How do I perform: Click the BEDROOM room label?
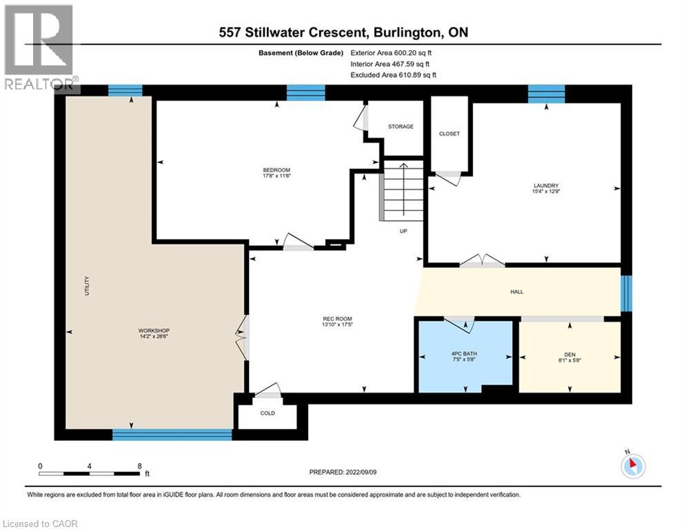tap(276, 170)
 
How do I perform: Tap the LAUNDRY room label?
tap(545, 185)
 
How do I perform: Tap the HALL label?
tap(516, 291)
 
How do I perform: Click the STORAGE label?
tap(401, 127)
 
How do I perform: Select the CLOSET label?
tap(449, 134)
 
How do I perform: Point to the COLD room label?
tap(268, 413)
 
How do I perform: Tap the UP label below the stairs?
tap(404, 231)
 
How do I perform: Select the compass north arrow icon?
tap(632, 466)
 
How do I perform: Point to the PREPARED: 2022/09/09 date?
tap(343, 472)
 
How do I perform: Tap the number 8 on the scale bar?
tap(140, 466)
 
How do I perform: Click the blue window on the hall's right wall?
tap(626, 293)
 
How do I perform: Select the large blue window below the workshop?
tap(172, 434)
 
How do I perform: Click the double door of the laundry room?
tap(482, 261)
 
